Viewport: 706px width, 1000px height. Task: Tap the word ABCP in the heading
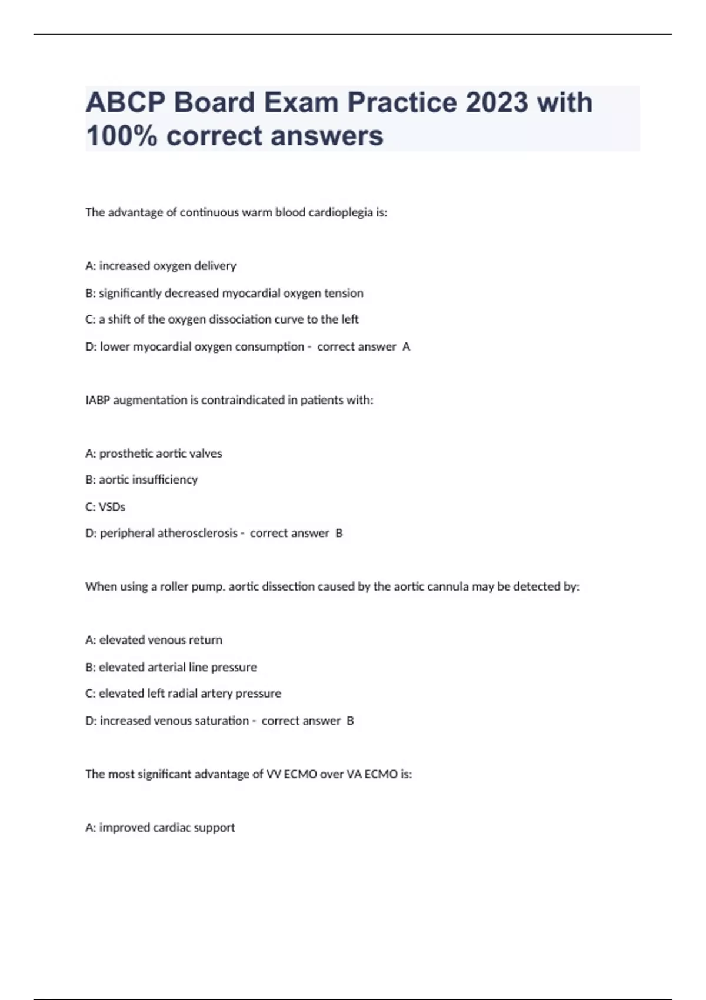click(x=125, y=102)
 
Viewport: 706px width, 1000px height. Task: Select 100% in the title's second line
click(x=121, y=136)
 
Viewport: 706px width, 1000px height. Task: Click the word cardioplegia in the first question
click(x=341, y=212)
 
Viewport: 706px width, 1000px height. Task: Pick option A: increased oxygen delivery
click(x=161, y=266)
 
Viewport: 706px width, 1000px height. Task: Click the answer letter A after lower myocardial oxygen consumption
click(x=406, y=346)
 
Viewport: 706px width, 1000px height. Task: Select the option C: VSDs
click(x=105, y=506)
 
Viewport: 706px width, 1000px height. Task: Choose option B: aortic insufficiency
click(x=141, y=479)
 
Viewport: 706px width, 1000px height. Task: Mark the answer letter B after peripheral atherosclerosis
click(x=339, y=533)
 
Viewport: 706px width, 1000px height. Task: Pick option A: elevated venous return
click(x=154, y=640)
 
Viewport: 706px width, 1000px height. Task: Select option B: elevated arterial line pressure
click(x=171, y=667)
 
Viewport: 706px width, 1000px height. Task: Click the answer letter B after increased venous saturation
click(x=350, y=721)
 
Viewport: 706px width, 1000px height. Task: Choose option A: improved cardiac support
click(x=160, y=828)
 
